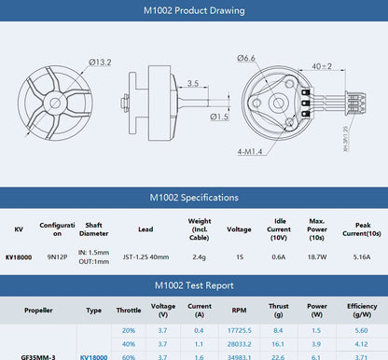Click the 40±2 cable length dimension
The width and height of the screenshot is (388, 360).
pos(347,66)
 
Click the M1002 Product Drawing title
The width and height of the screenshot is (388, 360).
pos(194,12)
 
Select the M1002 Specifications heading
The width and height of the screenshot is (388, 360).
pos(194,198)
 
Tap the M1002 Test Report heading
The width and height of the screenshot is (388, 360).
pos(194,285)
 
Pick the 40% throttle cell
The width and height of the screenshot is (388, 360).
pos(129,343)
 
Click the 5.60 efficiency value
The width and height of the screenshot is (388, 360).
pos(361,330)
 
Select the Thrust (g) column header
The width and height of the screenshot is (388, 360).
pos(278,310)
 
